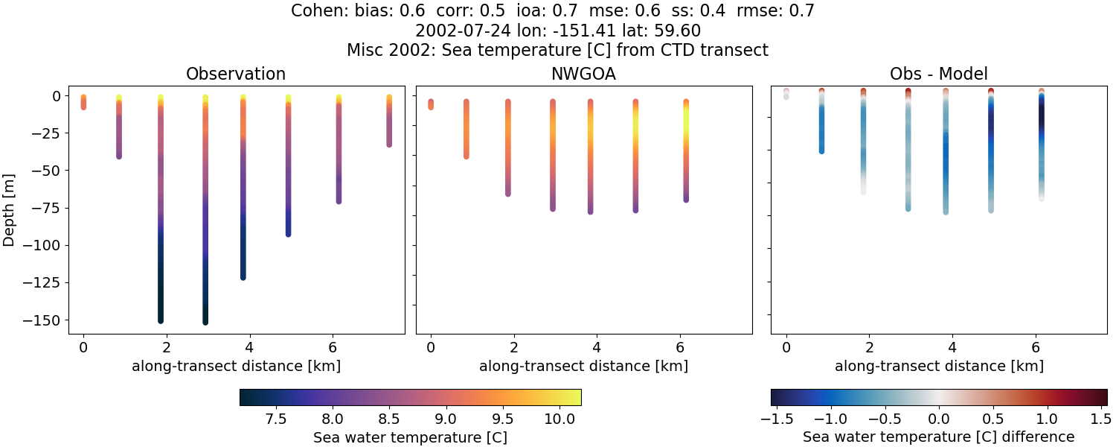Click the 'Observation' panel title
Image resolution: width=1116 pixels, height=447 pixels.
click(235, 74)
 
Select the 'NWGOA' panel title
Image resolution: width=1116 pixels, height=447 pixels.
click(583, 74)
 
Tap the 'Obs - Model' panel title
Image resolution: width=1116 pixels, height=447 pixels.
click(938, 74)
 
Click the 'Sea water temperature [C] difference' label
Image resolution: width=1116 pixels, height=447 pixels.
click(938, 437)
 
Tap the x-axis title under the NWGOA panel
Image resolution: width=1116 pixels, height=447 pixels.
click(583, 366)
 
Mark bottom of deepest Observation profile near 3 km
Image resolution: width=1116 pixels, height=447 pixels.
click(205, 321)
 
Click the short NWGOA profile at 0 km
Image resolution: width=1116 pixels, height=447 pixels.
click(430, 104)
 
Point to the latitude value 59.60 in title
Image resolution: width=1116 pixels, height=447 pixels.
click(679, 31)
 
